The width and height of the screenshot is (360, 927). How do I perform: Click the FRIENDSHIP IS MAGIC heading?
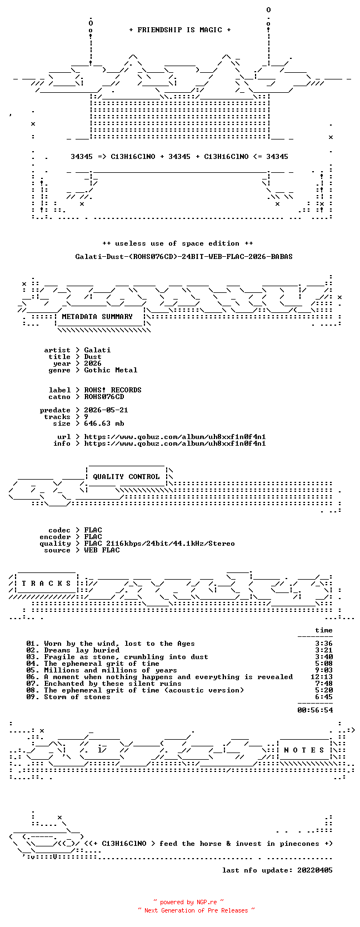click(x=180, y=30)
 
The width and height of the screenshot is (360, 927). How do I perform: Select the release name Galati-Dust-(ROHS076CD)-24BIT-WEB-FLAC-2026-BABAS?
click(x=184, y=257)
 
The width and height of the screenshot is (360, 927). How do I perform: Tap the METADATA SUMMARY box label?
click(x=97, y=317)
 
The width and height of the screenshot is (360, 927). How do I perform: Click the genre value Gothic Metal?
click(x=111, y=370)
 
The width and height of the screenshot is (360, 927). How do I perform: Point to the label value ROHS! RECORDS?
click(x=113, y=390)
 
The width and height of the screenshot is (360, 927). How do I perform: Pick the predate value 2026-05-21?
click(x=106, y=410)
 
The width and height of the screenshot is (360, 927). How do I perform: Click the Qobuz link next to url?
click(x=174, y=437)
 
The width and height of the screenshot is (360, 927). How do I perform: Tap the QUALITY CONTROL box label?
click(x=126, y=477)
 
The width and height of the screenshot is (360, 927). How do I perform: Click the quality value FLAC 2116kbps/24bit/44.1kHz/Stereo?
click(x=159, y=544)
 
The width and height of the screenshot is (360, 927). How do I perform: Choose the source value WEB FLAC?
click(x=102, y=550)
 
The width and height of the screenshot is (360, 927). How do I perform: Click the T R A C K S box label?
click(x=46, y=584)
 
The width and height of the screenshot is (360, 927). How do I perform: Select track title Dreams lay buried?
click(x=82, y=650)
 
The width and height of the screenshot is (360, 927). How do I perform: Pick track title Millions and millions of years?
click(x=111, y=670)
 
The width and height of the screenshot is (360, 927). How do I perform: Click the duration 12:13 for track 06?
click(x=322, y=676)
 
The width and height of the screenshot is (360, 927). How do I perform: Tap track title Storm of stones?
click(x=77, y=697)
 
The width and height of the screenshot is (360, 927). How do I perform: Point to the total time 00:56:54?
click(x=315, y=710)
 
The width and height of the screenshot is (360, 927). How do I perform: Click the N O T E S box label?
click(x=304, y=750)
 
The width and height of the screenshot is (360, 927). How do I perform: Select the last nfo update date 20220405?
click(x=315, y=870)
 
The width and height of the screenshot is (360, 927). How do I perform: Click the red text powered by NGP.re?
click(x=188, y=902)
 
